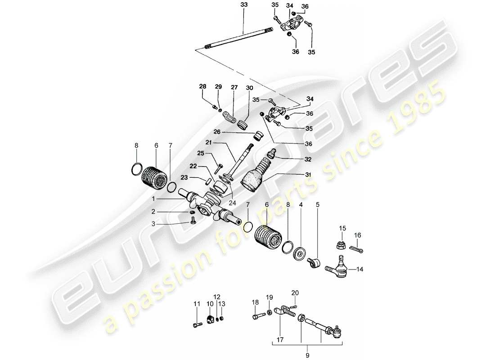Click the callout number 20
(x=295, y=292)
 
